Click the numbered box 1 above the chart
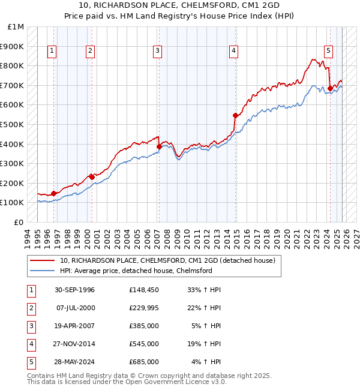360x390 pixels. pyautogui.click(x=52, y=52)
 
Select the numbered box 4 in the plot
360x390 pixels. pyautogui.click(x=232, y=52)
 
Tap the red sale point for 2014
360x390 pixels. pyautogui.click(x=235, y=115)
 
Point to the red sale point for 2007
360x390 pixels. pyautogui.click(x=159, y=146)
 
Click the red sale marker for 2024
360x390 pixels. pyautogui.click(x=330, y=88)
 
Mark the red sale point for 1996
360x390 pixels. pyautogui.click(x=54, y=193)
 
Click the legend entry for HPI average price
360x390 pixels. pyautogui.click(x=136, y=271)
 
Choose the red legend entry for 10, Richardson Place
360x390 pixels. pyautogui.click(x=167, y=260)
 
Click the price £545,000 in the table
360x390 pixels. pyautogui.click(x=143, y=344)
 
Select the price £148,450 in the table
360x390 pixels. pyautogui.click(x=143, y=290)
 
